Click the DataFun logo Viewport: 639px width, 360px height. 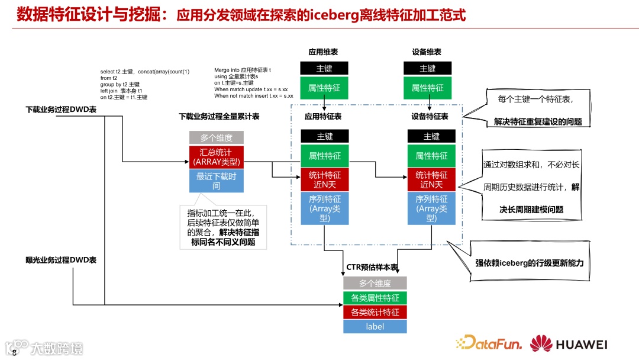pyautogui.click(x=489, y=343)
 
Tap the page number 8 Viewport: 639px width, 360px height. pyautogui.click(x=14, y=353)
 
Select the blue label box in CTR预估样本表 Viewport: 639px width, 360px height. pyautogui.click(x=375, y=326)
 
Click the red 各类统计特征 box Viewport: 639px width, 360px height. pyautogui.click(x=375, y=312)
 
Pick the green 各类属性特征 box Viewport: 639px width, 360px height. pyautogui.click(x=375, y=298)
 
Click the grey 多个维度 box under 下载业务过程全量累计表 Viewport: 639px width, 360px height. pyautogui.click(x=216, y=137)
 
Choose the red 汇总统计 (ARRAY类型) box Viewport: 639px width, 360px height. pyautogui.click(x=216, y=157)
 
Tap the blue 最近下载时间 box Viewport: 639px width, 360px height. pyautogui.click(x=216, y=181)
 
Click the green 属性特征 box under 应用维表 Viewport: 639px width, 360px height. pyautogui.click(x=324, y=88)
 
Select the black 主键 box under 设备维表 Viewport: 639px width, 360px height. pyautogui.click(x=427, y=69)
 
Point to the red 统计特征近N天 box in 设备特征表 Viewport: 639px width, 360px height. pyautogui.click(x=431, y=179)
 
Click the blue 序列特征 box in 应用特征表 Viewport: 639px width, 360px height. pyautogui.click(x=324, y=208)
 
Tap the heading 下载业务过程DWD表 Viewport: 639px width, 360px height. pyautogui.click(x=61, y=110)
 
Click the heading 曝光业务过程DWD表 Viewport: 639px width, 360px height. pyautogui.click(x=61, y=260)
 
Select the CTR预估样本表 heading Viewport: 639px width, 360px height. pyautogui.click(x=372, y=268)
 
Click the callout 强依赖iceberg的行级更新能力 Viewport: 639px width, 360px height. pyautogui.click(x=529, y=262)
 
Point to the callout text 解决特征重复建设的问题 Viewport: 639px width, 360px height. pyautogui.click(x=538, y=122)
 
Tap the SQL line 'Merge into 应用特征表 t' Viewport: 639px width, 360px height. pyautogui.click(x=243, y=70)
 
